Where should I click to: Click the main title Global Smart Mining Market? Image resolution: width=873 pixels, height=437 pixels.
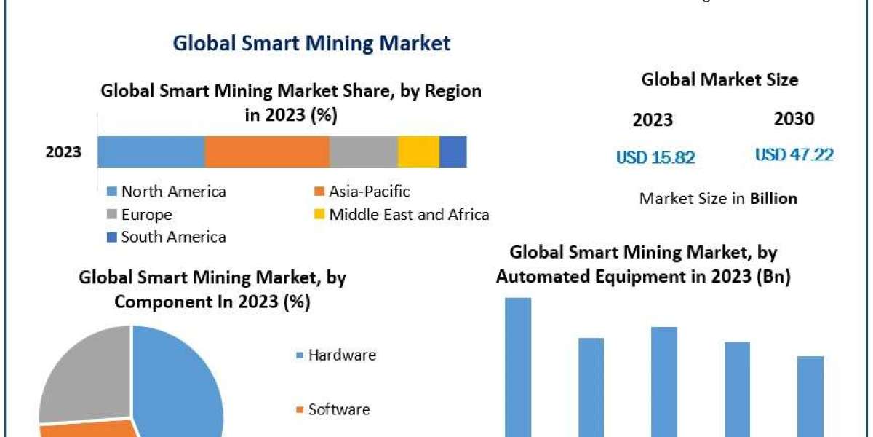[311, 44]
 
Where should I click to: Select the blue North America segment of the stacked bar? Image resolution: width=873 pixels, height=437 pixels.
[151, 151]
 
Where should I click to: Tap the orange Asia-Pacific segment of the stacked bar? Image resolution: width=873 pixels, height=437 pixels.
[266, 151]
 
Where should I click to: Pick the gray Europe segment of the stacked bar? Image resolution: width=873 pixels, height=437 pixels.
[363, 151]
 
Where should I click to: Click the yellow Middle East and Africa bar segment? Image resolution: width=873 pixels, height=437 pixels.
[418, 151]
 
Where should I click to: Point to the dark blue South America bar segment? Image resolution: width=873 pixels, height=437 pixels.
[453, 151]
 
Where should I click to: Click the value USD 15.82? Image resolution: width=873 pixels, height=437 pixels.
[655, 157]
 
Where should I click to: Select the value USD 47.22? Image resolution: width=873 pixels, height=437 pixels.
[794, 154]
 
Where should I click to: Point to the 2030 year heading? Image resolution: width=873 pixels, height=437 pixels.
[794, 119]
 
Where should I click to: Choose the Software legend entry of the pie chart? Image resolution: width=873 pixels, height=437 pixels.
[338, 409]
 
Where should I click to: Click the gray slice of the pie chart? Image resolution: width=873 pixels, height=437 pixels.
[80, 371]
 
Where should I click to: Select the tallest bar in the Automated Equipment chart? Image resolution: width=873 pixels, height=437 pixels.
[518, 364]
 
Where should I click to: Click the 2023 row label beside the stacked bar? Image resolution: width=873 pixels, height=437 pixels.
[63, 152]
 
